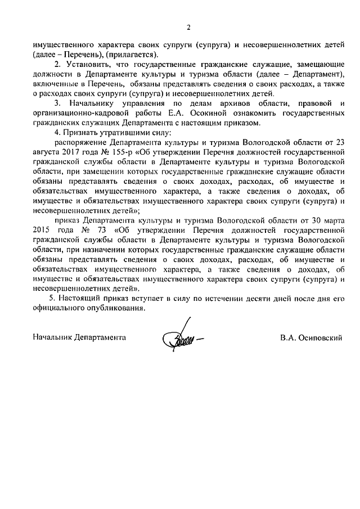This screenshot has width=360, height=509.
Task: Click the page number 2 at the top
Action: (188, 27)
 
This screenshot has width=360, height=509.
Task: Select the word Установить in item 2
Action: (88, 65)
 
